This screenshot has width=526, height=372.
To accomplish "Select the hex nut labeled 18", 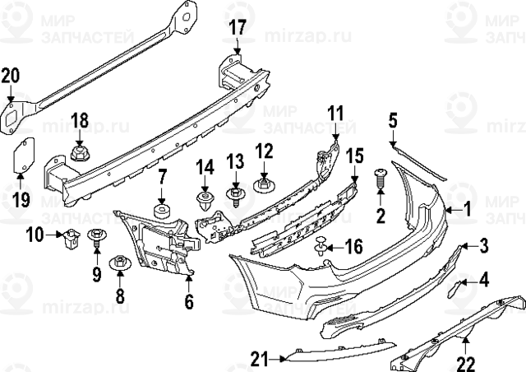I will (80, 151).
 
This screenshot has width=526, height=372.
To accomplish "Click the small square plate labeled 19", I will (21, 156).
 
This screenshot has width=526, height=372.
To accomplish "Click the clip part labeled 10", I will (71, 239).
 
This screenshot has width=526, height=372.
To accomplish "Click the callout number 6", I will (188, 302).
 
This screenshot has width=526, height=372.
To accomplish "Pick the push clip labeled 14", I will (205, 198).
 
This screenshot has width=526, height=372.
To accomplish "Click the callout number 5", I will (393, 122).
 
